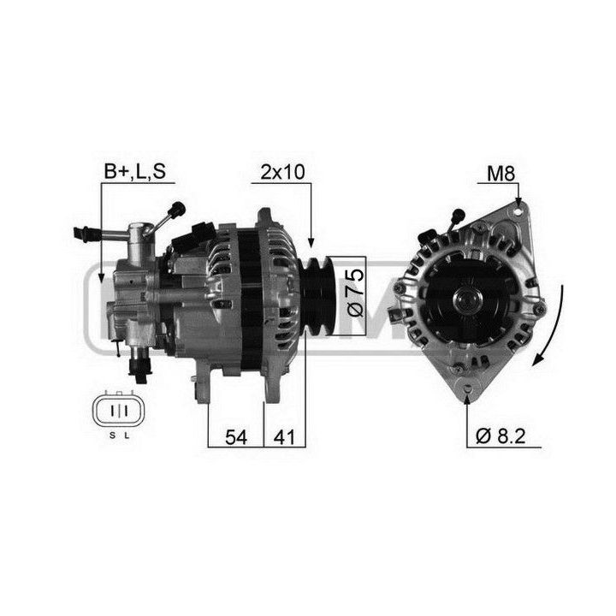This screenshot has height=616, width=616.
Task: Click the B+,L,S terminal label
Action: tap(135, 172)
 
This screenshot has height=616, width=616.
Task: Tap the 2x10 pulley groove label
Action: tap(282, 172)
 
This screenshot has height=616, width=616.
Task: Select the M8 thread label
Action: tap(500, 174)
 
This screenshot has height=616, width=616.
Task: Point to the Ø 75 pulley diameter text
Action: tap(356, 293)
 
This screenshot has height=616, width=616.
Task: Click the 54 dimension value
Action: tap(236, 437)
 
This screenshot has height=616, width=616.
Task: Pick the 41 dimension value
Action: tap(284, 437)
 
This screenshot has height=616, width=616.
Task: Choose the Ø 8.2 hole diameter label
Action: tap(500, 436)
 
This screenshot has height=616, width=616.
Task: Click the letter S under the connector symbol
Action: tap(112, 435)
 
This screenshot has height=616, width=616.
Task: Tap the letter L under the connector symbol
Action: tap(127, 435)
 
